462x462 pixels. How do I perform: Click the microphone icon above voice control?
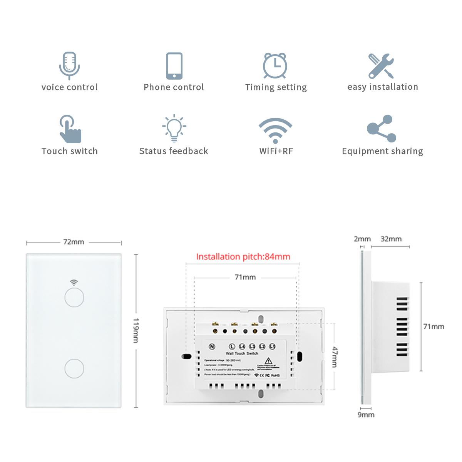pos(69,65)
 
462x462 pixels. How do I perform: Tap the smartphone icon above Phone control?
pos(174,65)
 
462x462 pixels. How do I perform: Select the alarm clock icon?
pos(275,65)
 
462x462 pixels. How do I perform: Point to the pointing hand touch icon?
pos(70,129)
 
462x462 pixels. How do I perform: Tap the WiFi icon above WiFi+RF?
pos(275,130)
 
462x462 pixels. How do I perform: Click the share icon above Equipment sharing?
pos(381,129)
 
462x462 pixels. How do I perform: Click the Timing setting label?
pos(276,87)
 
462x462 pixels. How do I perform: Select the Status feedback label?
pos(174,151)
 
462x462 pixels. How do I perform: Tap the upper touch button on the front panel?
pos(74,298)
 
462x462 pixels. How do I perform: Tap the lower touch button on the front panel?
pos(74,368)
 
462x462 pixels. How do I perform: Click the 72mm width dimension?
pos(74,242)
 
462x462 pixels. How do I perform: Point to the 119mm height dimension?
pos(136,330)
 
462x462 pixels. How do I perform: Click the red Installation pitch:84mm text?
pos(243,257)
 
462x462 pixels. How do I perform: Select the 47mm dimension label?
pos(335,357)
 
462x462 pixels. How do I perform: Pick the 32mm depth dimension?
pos(391,239)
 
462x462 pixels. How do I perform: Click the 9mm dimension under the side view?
pos(366,415)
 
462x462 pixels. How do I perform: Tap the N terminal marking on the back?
pos(212,346)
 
